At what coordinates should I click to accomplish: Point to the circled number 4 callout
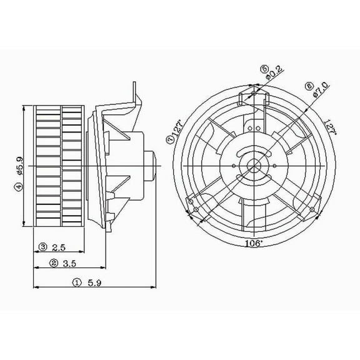(19, 186)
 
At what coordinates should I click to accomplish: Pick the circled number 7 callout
(170, 141)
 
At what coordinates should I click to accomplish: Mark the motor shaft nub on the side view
(151, 165)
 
